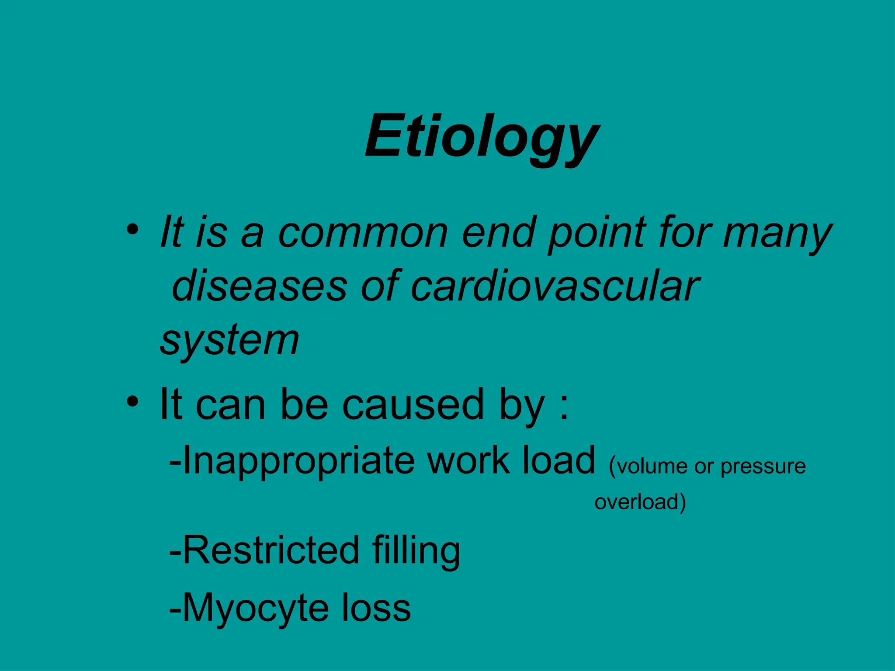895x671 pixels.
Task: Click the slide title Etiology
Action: tap(482, 136)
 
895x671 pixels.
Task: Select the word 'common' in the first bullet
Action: tap(363, 232)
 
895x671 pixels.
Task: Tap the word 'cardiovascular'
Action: tap(555, 286)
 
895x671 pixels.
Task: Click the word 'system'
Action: tap(230, 341)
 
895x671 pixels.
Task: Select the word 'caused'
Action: tap(413, 404)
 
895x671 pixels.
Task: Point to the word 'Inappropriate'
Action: tap(298, 461)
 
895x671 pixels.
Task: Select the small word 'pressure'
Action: tap(763, 467)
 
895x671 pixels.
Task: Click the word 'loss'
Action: tap(376, 608)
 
